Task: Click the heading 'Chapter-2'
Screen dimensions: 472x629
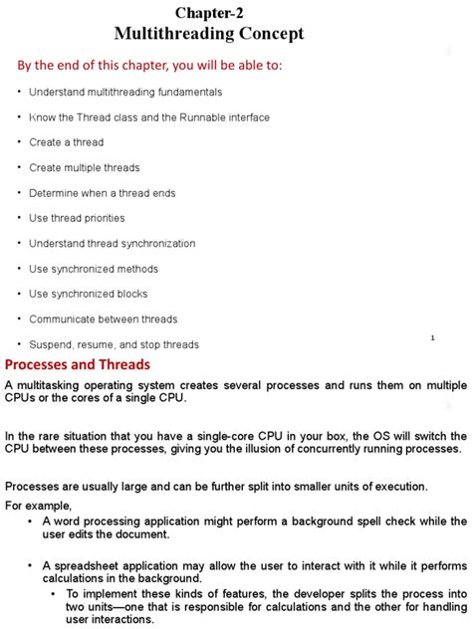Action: click(209, 12)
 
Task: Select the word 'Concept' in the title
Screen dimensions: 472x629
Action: click(268, 34)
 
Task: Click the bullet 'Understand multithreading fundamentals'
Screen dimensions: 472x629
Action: click(125, 92)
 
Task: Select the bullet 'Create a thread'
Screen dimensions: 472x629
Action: click(67, 142)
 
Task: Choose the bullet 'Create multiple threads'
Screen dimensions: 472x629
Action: click(85, 167)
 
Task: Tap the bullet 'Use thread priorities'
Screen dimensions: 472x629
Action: click(77, 218)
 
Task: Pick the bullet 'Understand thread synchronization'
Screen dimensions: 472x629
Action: click(113, 243)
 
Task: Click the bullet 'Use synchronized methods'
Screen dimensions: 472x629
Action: click(94, 269)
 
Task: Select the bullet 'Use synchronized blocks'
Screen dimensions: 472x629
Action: click(89, 294)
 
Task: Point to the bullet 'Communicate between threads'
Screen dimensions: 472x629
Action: click(104, 319)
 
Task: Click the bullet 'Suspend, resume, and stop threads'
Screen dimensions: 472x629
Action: click(114, 344)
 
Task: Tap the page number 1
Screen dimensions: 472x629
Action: click(432, 338)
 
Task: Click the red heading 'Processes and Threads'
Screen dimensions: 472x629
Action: click(78, 364)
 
